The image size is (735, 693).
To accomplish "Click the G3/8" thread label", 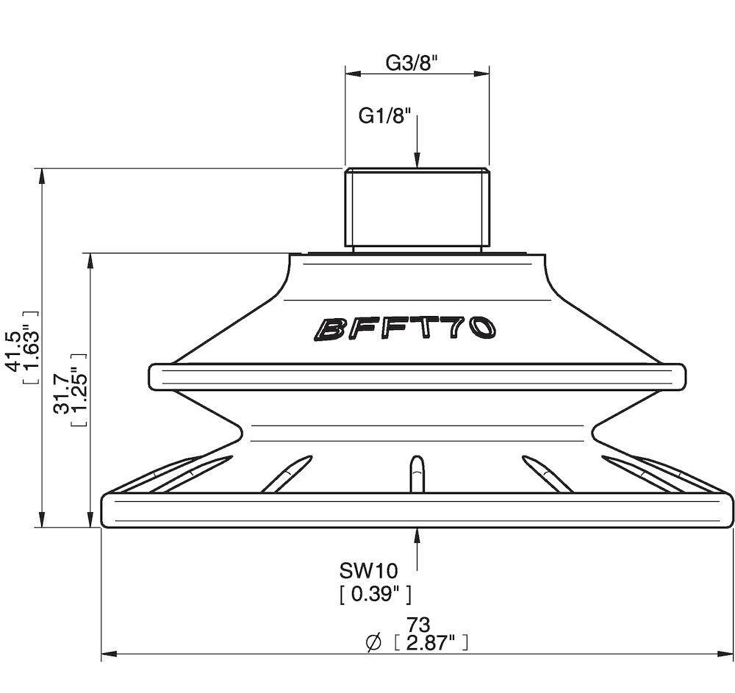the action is pyautogui.click(x=412, y=62).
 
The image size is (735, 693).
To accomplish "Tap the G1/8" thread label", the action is pyautogui.click(x=384, y=115).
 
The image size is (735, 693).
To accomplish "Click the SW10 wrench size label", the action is pyautogui.click(x=368, y=571).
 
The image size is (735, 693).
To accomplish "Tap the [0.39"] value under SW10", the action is pyautogui.click(x=376, y=595).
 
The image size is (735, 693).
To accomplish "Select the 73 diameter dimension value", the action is pyautogui.click(x=418, y=625).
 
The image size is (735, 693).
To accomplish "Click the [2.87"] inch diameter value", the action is pyautogui.click(x=431, y=643).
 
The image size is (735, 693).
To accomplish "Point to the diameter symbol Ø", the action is pyautogui.click(x=373, y=643).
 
